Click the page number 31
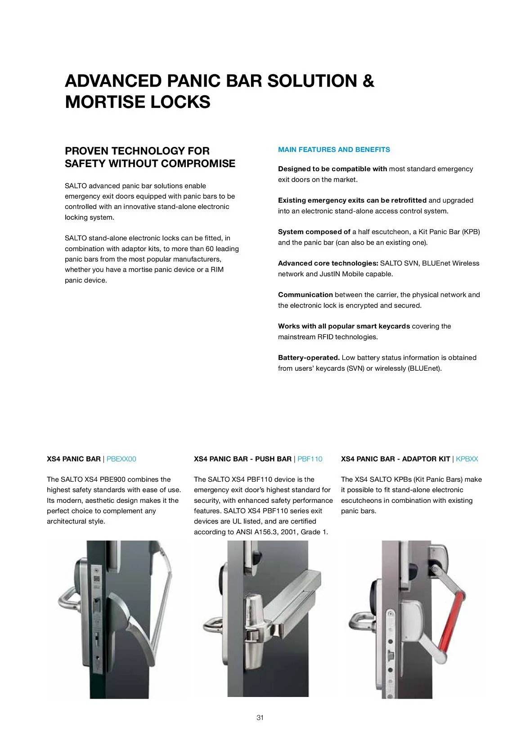click(x=260, y=718)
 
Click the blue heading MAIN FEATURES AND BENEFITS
click(x=334, y=150)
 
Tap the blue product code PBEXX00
click(x=121, y=459)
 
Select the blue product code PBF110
click(x=310, y=459)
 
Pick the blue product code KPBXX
click(x=467, y=459)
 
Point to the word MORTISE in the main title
click(x=105, y=102)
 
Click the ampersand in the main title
click(x=368, y=81)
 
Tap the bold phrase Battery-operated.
click(x=309, y=358)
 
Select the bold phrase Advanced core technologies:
click(x=328, y=263)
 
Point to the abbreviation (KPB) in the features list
click(x=471, y=232)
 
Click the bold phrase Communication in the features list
click(x=305, y=295)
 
